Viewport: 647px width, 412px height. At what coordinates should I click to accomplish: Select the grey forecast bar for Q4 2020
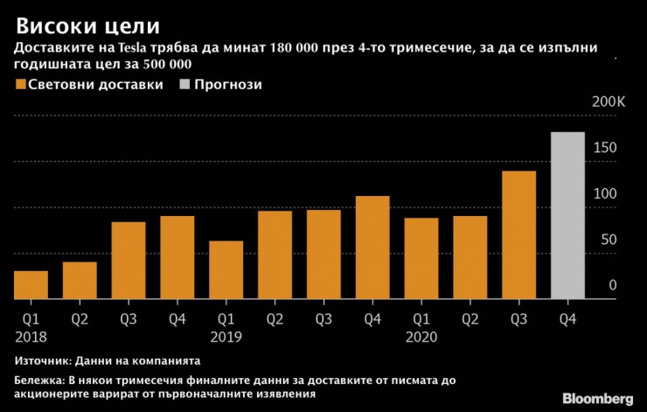[567, 215]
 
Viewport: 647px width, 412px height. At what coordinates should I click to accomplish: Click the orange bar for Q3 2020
[518, 234]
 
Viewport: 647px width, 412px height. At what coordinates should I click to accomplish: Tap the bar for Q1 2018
[31, 284]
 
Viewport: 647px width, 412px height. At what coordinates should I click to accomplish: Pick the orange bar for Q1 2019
[226, 269]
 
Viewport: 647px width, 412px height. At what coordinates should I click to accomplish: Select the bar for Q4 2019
[372, 247]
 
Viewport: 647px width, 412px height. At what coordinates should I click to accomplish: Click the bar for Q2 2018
[80, 280]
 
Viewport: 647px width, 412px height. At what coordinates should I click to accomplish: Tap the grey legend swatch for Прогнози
[186, 85]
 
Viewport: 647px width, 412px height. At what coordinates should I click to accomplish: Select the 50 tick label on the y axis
[609, 240]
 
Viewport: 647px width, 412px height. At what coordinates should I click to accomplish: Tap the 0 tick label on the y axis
[613, 285]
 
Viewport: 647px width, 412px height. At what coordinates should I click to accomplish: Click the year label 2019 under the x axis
[226, 336]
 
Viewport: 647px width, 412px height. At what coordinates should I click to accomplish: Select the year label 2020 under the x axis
[421, 336]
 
